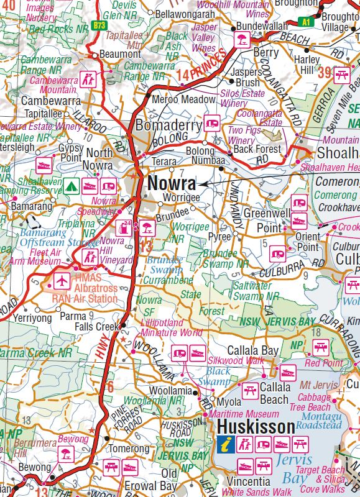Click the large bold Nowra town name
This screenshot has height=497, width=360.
172,184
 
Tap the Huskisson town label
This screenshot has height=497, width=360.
256,427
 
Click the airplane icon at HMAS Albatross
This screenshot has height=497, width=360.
62,281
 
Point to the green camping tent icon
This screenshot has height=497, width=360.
72,185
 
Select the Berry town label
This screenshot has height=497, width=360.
265,53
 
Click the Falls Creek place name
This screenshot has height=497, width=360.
96,326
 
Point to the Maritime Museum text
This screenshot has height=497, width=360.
244,414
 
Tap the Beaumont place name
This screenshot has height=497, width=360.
121,55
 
